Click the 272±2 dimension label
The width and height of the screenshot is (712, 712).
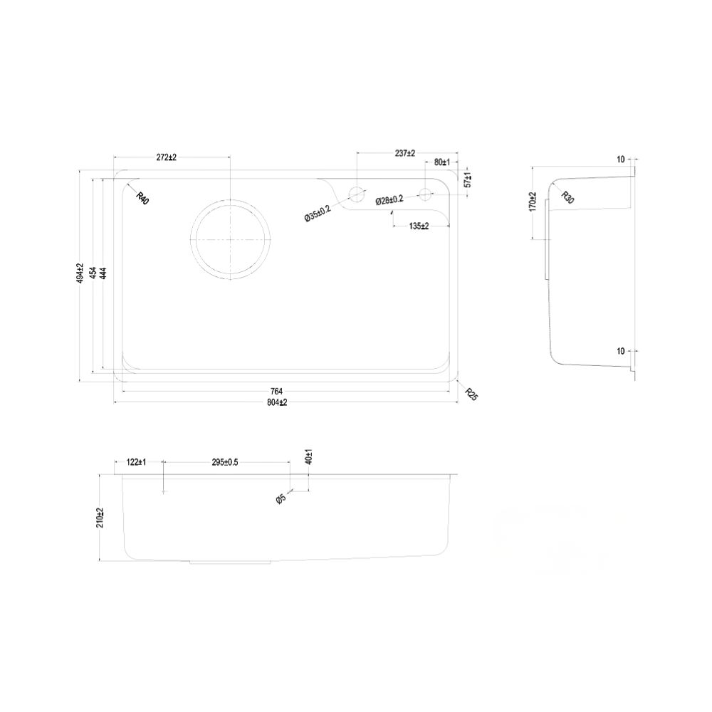165,157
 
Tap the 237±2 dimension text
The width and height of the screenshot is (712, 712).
404,153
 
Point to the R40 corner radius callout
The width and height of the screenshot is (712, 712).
142,199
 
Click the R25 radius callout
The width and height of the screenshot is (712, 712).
471,394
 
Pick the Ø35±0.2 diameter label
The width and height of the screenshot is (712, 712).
318,213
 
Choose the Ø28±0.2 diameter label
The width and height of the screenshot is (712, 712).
389,200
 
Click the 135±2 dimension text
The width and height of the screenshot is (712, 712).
419,226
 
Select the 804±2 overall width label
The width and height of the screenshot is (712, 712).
276,403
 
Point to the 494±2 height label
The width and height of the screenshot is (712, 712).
80,273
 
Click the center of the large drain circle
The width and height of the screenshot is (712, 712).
231,239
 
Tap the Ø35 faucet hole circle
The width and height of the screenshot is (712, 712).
356,192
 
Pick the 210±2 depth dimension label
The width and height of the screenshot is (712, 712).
101,518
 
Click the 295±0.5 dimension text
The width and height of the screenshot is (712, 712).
225,463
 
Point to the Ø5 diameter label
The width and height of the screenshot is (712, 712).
281,499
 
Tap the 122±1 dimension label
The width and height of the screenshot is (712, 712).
136,463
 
